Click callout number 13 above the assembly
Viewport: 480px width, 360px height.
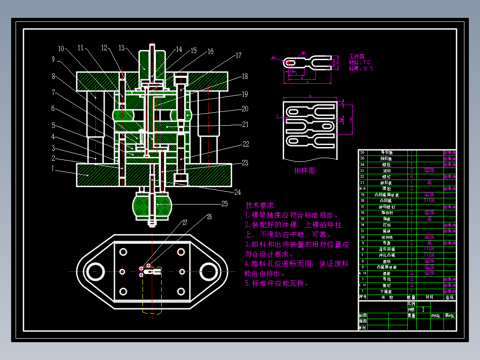(122, 48)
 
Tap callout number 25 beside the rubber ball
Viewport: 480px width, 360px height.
(224, 204)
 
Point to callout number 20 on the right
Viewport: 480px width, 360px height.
(245, 109)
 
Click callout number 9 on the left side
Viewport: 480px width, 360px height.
(53, 58)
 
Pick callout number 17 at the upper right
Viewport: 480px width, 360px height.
(239, 56)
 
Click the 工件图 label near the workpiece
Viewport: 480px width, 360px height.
(356, 57)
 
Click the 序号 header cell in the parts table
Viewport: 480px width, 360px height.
(363, 297)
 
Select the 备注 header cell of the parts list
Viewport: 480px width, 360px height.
(450, 297)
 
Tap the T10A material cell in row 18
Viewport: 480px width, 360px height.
(429, 200)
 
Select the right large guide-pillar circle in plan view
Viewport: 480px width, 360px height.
(208, 271)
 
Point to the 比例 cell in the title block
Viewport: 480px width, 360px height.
(411, 303)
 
